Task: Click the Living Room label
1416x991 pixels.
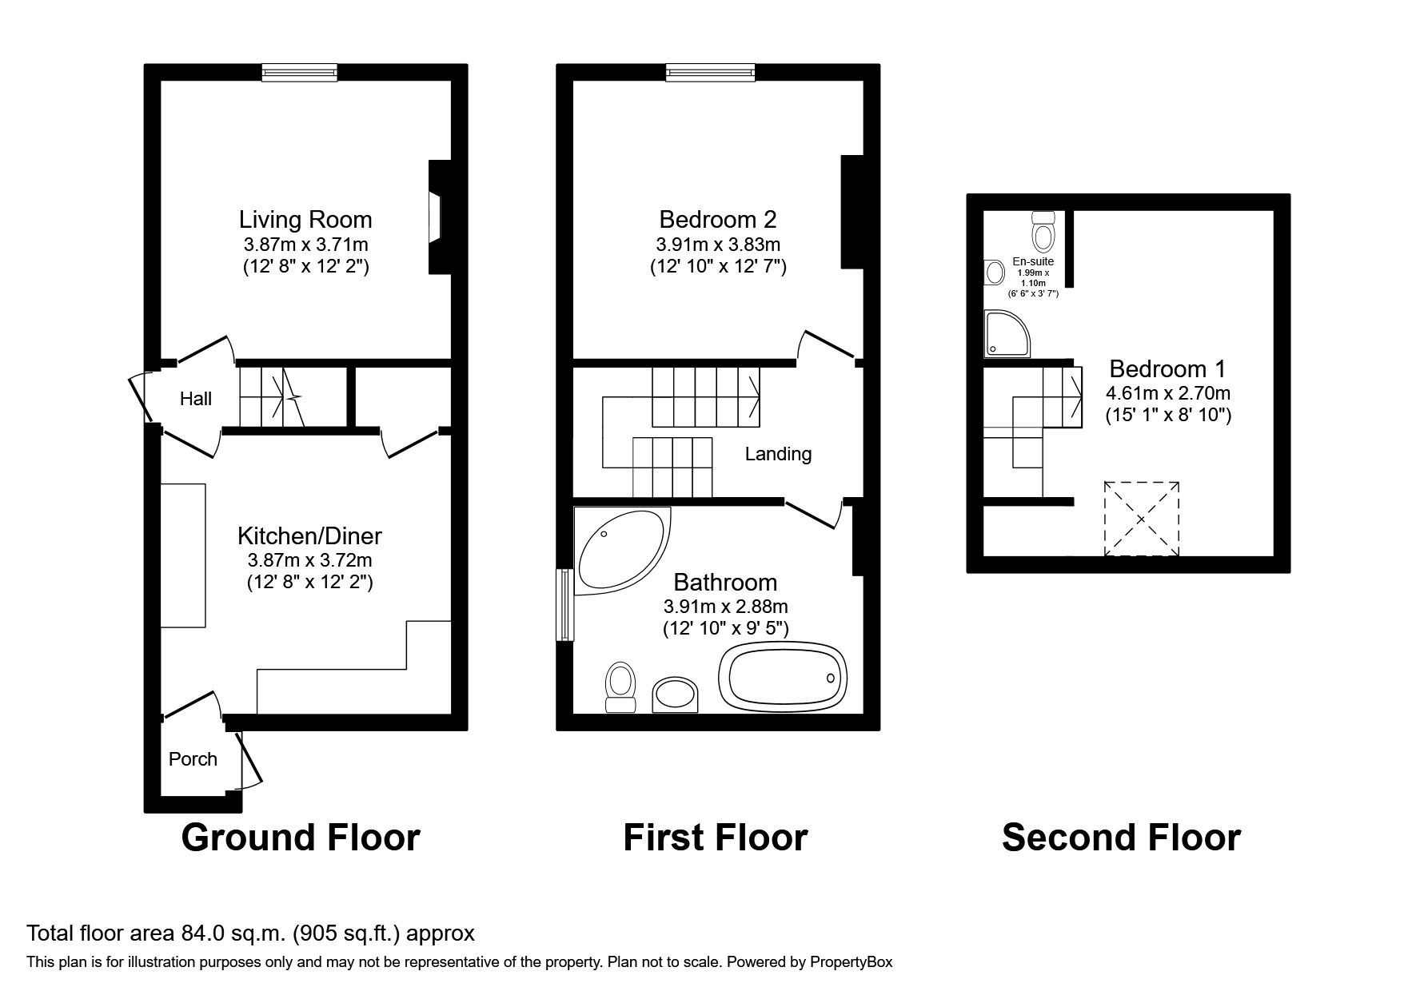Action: click(305, 219)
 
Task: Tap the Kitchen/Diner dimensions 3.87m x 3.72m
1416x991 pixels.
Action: click(309, 560)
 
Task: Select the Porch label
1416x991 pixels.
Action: click(193, 759)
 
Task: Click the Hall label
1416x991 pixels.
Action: click(195, 399)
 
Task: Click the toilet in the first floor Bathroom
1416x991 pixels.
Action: click(620, 687)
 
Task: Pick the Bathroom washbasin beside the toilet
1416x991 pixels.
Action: click(676, 694)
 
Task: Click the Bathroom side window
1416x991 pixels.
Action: click(564, 604)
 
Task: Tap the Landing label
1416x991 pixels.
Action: click(778, 454)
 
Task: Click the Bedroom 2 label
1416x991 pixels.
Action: click(717, 219)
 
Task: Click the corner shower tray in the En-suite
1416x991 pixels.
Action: click(1006, 334)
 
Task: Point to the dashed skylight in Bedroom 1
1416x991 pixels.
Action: click(1141, 519)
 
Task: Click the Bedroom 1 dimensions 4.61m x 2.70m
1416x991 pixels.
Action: click(1167, 393)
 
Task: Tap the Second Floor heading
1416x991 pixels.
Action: click(1120, 838)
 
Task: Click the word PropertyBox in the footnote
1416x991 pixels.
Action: click(851, 962)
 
